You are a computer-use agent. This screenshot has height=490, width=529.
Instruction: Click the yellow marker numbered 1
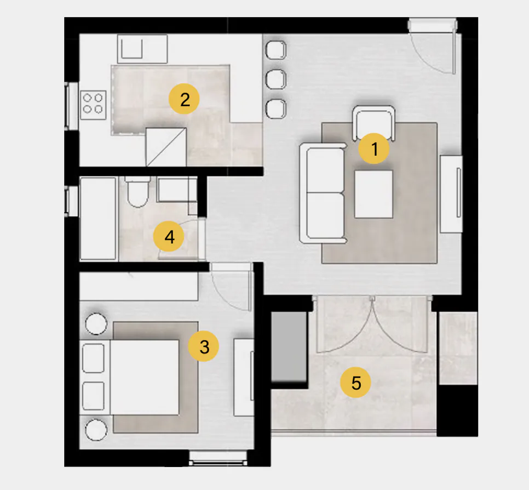[x=373, y=149]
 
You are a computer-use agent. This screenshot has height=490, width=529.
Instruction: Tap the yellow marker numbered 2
[x=184, y=99]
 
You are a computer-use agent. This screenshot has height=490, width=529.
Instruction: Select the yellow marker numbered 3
[x=203, y=346]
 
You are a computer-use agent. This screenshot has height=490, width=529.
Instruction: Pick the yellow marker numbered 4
[x=169, y=236]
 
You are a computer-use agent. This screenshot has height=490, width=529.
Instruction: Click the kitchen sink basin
[x=132, y=49]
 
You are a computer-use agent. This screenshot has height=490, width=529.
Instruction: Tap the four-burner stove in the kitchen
[x=93, y=105]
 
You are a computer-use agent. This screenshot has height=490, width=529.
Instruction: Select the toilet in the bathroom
[x=137, y=192]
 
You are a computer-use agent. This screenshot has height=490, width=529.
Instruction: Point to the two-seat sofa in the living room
[x=323, y=193]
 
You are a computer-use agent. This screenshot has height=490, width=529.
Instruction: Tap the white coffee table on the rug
[x=373, y=194]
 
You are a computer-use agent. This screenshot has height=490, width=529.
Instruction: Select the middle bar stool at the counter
[x=276, y=79]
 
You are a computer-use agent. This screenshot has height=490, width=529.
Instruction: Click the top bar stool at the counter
[x=276, y=50]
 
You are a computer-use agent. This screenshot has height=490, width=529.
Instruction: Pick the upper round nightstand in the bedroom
[x=96, y=324]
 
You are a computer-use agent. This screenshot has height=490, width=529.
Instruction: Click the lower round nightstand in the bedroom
[x=96, y=430]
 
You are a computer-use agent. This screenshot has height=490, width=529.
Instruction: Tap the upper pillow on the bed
[x=94, y=358]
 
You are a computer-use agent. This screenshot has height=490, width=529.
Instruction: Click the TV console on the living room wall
[x=451, y=194]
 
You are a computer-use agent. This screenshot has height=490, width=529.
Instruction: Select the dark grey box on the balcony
[x=289, y=347]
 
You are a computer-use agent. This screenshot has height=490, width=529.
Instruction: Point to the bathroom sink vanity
[x=177, y=190]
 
